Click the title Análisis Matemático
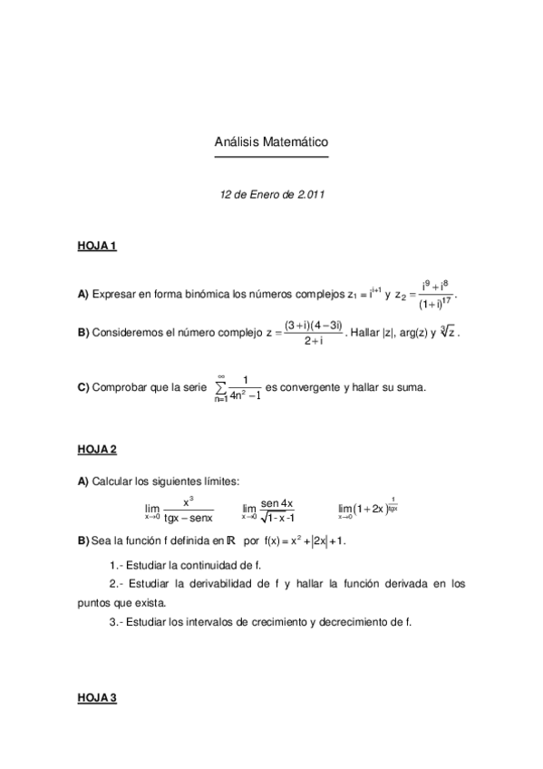click(271, 143)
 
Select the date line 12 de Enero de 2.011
click(271, 194)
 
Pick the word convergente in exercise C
click(311, 387)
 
